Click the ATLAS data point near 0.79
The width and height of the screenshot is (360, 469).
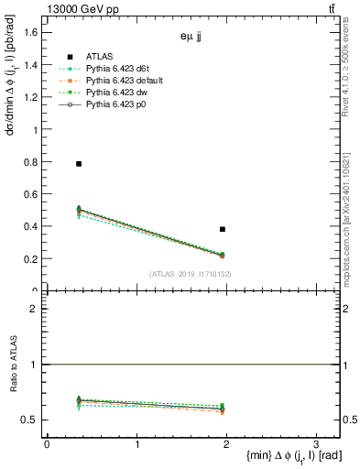pos(79,164)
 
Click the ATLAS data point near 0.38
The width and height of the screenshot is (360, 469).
pos(223,229)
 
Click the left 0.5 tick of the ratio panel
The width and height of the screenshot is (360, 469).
pos(31,420)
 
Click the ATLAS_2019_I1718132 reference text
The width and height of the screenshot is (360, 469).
pos(191,274)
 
